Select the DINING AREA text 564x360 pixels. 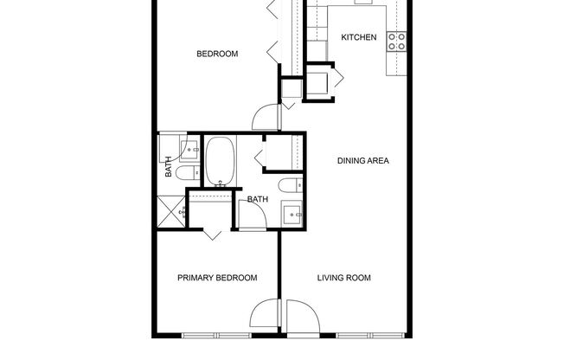coord(362,160)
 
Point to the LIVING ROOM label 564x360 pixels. coord(343,278)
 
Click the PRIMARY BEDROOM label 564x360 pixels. coord(217,278)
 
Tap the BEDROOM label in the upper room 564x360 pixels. coord(217,54)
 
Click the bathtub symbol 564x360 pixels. coord(220,160)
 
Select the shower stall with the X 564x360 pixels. coord(172,211)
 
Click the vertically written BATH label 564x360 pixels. coord(168,166)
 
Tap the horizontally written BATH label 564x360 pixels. coord(258,200)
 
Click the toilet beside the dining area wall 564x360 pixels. coord(290,183)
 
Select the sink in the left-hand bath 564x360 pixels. coord(188,149)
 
